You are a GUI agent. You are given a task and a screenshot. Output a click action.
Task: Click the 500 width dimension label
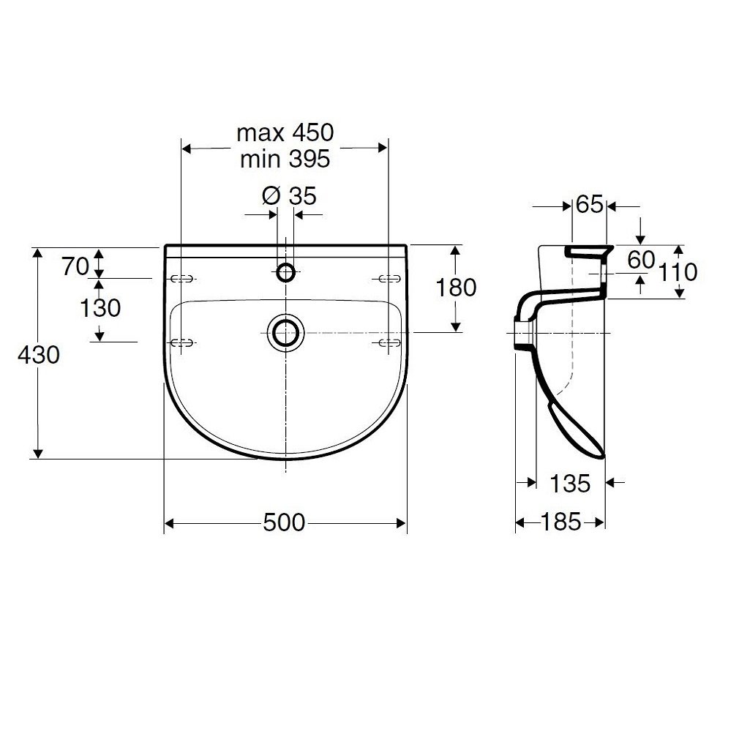pos(284,522)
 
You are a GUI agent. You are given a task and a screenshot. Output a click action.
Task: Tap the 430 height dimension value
pos(39,354)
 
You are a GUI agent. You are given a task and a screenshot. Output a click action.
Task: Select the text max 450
pos(285,132)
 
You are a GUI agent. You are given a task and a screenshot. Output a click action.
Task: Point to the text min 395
pos(285,159)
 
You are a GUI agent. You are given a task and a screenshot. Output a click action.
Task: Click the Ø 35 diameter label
pos(289,195)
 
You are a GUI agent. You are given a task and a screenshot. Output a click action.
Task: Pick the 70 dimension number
pos(75,266)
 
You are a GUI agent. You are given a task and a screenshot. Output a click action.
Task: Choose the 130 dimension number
pos(100,308)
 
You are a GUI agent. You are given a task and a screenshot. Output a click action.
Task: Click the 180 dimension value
pos(456,288)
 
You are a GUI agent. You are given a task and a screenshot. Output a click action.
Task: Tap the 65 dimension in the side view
pos(590,205)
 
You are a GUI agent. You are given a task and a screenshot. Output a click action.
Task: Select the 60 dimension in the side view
pos(641,260)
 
